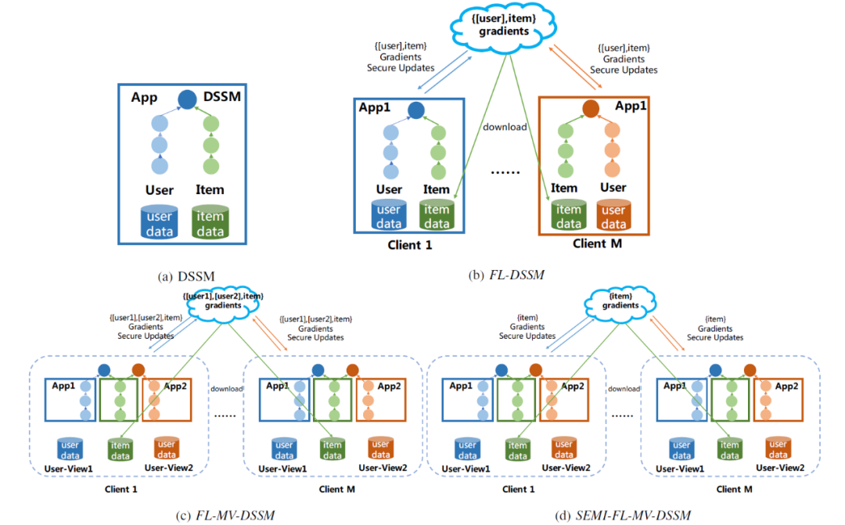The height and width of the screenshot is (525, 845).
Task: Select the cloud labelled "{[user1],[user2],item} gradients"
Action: [223, 302]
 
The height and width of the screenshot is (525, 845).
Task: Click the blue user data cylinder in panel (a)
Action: [160, 222]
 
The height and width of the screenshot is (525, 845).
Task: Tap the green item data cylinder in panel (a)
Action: [210, 222]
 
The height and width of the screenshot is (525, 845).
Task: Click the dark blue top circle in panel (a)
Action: [186, 99]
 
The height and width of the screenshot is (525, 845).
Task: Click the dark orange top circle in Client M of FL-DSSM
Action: [591, 110]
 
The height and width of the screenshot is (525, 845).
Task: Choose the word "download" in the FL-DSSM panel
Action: [505, 126]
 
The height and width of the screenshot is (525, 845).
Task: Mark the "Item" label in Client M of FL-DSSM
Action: [563, 188]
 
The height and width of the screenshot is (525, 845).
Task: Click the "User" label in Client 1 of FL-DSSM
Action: [389, 189]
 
